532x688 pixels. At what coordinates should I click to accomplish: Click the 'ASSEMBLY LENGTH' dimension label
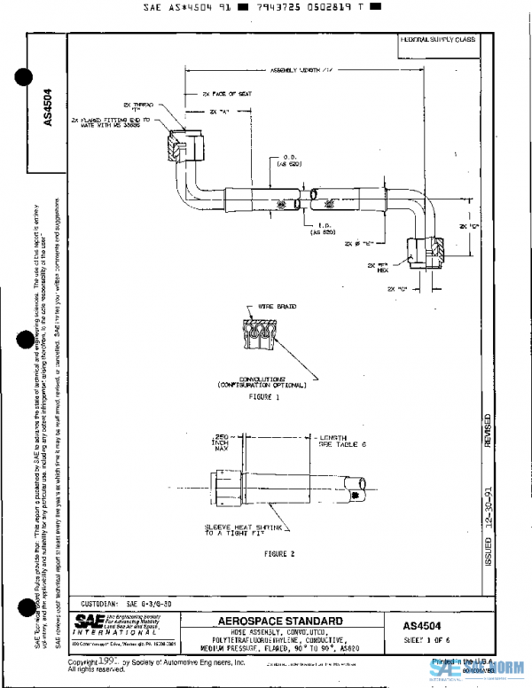tap(301, 71)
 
